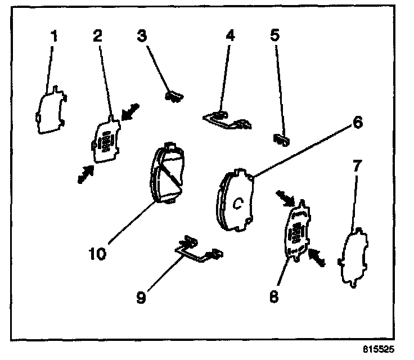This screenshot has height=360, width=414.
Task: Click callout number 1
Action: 55,37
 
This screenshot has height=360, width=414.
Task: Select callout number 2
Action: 98,37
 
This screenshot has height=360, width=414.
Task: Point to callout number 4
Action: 229,37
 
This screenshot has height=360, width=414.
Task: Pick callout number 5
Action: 274,37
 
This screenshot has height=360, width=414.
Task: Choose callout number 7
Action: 358,166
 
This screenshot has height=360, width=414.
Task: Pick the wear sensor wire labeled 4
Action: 227,119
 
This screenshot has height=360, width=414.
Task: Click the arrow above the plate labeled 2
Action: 130,111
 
